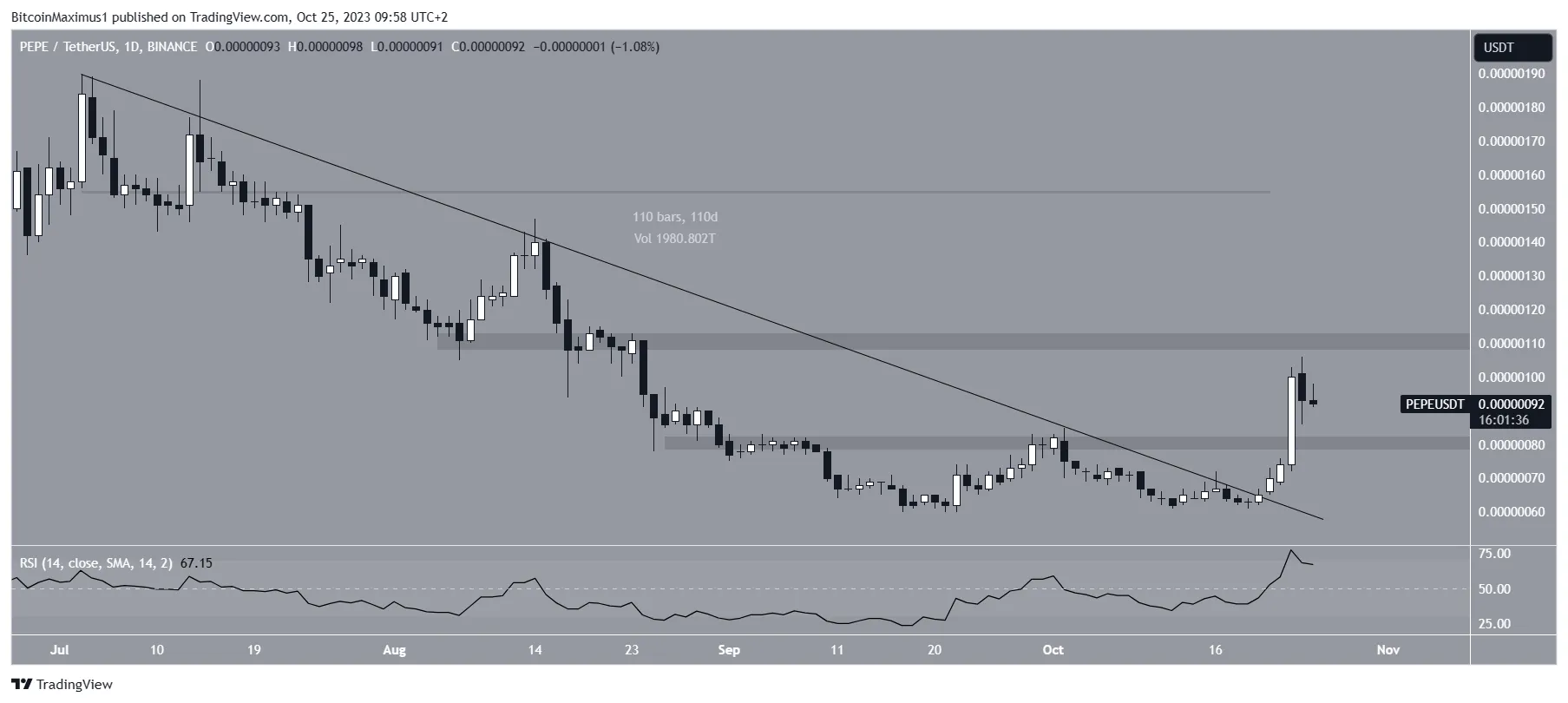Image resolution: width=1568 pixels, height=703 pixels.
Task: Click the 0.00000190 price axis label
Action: [x=1512, y=74]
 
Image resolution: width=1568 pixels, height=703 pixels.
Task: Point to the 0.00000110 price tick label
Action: [x=1512, y=344]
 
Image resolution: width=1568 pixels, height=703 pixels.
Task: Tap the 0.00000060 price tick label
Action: [x=1512, y=512]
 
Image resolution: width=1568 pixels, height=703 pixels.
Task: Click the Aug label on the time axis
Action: [x=394, y=650]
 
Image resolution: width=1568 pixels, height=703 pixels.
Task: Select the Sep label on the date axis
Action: [x=729, y=650]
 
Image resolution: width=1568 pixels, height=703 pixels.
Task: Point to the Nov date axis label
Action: [x=1388, y=650]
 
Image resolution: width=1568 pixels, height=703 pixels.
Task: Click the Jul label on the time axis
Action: [x=60, y=650]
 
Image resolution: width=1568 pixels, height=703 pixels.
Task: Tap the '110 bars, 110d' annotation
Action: [x=675, y=217]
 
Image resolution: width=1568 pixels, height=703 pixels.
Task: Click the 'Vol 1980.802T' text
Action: [x=675, y=239]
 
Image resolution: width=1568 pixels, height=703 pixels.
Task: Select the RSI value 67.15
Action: [x=196, y=563]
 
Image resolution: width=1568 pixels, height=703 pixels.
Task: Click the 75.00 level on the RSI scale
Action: [x=1494, y=554]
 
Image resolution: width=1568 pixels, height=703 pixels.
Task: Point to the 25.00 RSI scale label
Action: [x=1494, y=624]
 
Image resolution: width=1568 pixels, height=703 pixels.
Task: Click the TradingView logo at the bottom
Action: [x=62, y=685]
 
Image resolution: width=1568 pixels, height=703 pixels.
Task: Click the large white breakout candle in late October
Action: [x=1292, y=421]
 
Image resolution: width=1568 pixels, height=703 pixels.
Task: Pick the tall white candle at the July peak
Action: [x=82, y=139]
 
